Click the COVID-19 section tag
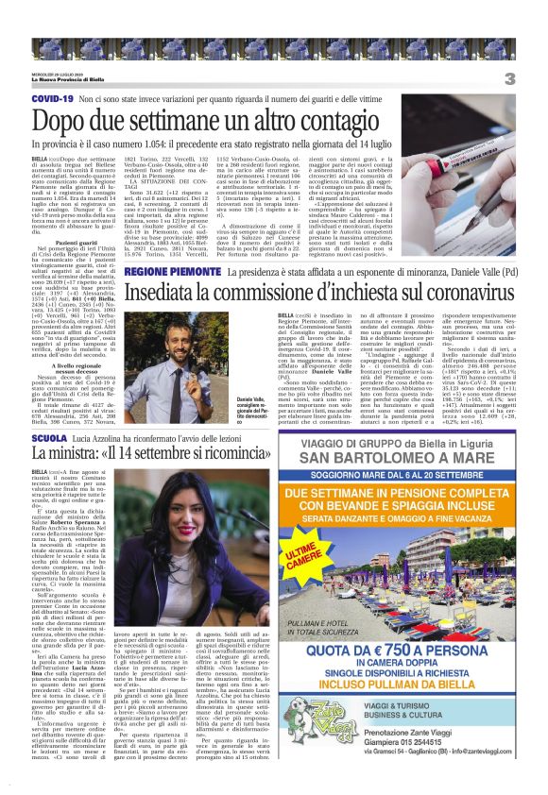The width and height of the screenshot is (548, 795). click(53, 98)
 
